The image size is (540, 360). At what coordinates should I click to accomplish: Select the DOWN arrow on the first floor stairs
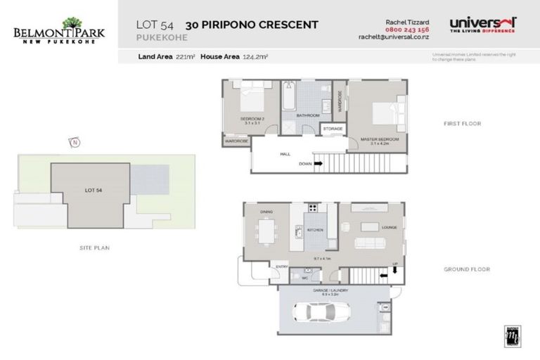coord(318,164)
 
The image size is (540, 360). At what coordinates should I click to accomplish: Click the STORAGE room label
coord(333,129)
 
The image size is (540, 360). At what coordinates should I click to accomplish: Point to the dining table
coord(266,231)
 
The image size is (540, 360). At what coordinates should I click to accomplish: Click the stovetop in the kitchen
coord(311,207)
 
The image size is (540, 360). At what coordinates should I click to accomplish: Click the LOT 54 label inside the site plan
coord(94,191)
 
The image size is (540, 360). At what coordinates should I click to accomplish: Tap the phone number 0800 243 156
coord(408,30)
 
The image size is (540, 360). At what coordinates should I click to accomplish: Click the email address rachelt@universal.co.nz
coord(393,37)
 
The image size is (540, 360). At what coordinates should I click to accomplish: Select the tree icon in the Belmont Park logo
coord(72,24)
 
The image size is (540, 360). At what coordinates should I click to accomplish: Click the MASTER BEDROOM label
coord(379,139)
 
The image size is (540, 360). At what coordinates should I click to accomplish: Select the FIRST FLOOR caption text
coord(461,124)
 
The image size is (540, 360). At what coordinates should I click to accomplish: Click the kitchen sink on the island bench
coord(298,231)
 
